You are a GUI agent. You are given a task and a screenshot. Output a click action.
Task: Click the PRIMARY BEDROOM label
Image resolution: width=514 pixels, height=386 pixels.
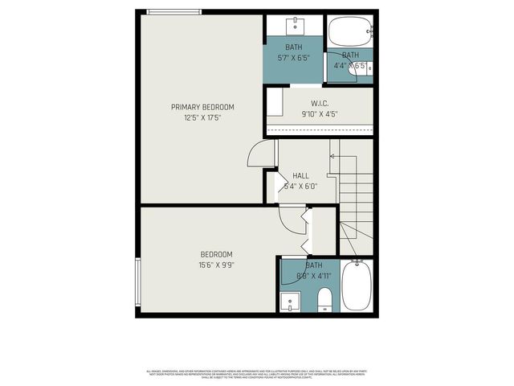[x=202, y=107]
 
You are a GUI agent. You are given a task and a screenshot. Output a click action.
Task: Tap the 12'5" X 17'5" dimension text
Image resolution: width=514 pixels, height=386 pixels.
[x=202, y=117]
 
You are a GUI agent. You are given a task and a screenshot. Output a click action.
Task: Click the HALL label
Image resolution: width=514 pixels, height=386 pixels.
[x=300, y=175]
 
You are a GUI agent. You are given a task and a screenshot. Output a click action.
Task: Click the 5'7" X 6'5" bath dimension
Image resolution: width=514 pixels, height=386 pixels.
[x=293, y=58]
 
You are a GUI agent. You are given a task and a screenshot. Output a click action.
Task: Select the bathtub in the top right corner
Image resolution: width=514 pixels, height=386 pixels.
[x=351, y=33]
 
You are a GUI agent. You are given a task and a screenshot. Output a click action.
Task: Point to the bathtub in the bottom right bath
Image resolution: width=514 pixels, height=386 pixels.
[x=356, y=288]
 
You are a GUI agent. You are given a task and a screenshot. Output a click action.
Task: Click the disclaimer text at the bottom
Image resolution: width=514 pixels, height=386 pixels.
[x=257, y=374]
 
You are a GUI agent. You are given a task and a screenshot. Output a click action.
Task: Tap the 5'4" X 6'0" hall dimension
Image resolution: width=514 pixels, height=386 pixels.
[x=300, y=186]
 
